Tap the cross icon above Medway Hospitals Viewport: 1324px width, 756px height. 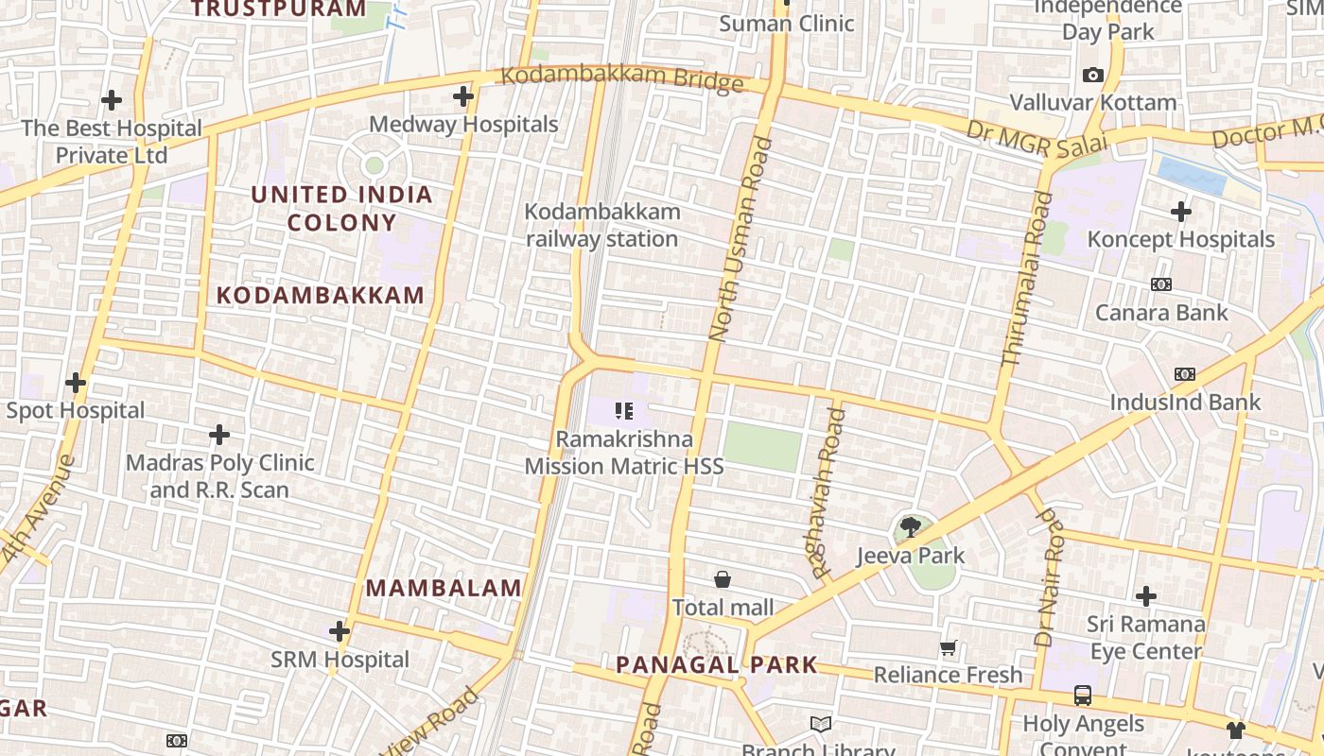[463, 96]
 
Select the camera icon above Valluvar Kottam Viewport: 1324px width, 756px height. [1093, 75]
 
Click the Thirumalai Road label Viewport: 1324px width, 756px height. [1026, 279]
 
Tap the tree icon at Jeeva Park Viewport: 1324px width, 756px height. [910, 527]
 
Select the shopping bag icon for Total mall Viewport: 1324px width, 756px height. [723, 579]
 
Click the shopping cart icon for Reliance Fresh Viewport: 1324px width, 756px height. [948, 647]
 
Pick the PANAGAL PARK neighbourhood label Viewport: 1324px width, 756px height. [716, 664]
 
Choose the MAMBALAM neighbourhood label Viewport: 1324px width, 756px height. [444, 588]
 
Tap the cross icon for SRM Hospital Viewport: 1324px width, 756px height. [340, 631]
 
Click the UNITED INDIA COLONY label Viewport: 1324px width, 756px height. [341, 209]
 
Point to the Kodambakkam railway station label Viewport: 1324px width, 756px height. [602, 225]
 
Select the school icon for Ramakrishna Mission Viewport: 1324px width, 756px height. [623, 411]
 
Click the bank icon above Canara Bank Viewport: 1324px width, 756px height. [1160, 284]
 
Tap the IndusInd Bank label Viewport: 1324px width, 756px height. [1185, 403]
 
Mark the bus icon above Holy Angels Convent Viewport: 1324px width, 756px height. [1083, 696]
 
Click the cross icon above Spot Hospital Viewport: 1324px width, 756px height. [76, 383]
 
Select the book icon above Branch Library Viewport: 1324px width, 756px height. [820, 724]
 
